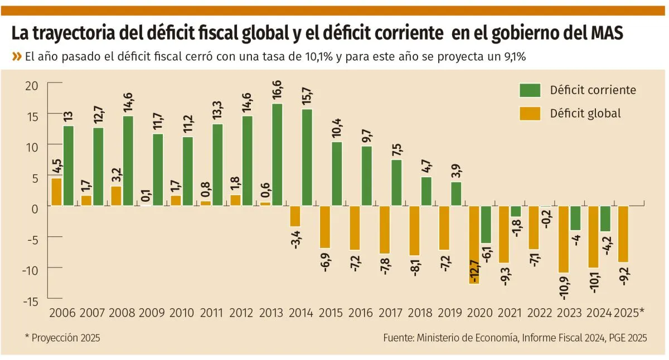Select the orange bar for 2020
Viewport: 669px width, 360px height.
(474, 245)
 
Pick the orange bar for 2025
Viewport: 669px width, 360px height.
(623, 234)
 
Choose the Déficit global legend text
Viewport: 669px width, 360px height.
(585, 113)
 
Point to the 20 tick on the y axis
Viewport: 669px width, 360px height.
(31, 85)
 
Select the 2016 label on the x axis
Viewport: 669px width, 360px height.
(361, 313)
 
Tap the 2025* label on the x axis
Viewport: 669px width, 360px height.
(628, 313)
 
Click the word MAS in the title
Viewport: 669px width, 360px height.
(605, 35)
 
